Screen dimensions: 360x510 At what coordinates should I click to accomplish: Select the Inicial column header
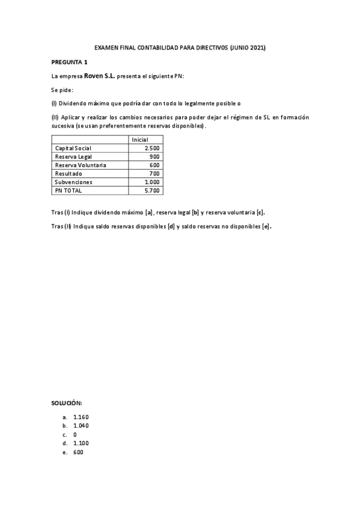[140, 140]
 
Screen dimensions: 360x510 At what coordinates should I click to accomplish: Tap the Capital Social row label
[73, 148]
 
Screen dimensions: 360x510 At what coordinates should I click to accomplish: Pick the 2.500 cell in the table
[152, 148]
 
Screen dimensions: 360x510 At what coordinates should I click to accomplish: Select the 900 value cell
[154, 156]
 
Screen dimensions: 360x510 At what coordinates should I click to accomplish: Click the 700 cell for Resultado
[154, 173]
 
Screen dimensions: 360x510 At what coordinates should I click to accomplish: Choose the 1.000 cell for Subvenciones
[152, 182]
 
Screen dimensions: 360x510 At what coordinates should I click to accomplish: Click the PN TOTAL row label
[69, 190]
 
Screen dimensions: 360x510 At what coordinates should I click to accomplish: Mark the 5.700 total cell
[152, 190]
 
